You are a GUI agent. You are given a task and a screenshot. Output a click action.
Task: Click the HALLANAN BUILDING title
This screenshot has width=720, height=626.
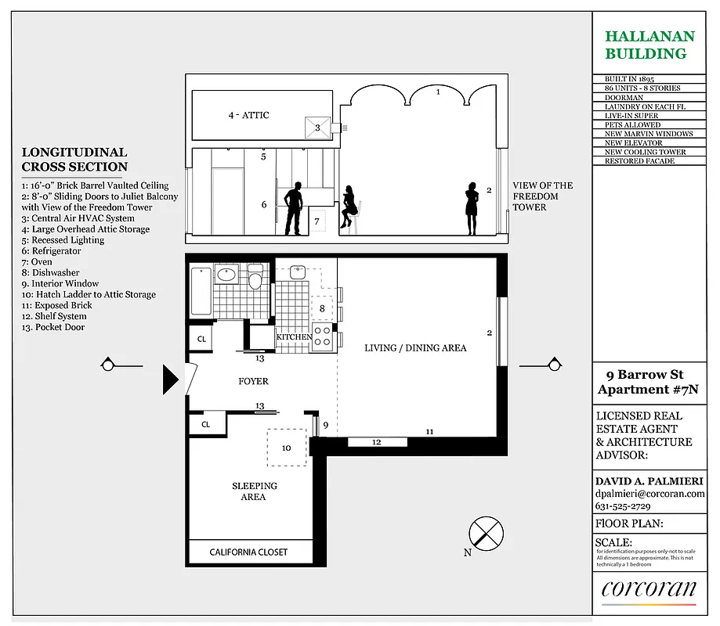[x=646, y=45]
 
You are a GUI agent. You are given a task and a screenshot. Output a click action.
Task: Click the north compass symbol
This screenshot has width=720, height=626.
[x=484, y=534]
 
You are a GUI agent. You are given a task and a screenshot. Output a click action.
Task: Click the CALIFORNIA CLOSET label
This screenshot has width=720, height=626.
[x=248, y=552]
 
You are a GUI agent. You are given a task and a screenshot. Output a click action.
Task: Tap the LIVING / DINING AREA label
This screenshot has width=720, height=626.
[x=415, y=347]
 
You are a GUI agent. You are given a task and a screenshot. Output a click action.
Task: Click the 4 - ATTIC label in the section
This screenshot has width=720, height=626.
[x=248, y=115]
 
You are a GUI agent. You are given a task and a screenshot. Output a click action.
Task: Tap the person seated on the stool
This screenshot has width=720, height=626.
[x=349, y=209]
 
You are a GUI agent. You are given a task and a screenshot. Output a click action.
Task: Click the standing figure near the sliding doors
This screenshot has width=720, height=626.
[x=472, y=208]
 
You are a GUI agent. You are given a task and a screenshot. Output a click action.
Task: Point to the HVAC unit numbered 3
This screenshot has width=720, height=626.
[x=318, y=128]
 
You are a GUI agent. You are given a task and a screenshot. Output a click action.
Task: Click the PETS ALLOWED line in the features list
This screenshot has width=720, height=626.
[x=632, y=124]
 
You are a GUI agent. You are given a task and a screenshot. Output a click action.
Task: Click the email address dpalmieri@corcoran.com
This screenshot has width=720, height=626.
[x=649, y=494]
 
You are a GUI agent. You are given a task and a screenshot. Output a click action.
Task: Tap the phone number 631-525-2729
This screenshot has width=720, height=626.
[x=628, y=506]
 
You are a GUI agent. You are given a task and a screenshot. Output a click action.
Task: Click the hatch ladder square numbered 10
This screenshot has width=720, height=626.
[x=287, y=448]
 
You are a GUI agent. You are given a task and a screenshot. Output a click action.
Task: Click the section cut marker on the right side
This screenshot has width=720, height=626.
[x=553, y=365]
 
